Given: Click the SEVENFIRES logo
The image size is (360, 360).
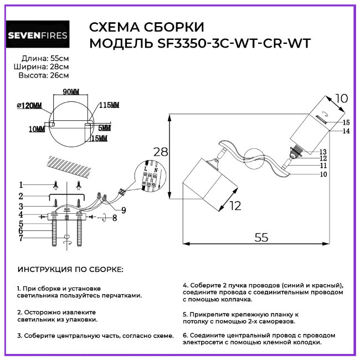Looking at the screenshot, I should click(x=38, y=36).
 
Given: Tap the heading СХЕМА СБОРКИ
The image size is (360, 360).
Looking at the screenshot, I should click(x=146, y=27).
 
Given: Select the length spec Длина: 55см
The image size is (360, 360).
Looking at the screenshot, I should click(x=45, y=58).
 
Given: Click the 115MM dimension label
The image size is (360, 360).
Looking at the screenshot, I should click(x=109, y=105).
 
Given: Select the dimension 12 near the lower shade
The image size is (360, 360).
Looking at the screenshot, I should click(x=235, y=206).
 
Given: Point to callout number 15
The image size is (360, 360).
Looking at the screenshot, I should click(x=346, y=122).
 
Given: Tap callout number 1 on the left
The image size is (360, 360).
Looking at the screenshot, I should click(x=20, y=184).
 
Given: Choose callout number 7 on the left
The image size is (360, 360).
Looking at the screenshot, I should click(x=20, y=238).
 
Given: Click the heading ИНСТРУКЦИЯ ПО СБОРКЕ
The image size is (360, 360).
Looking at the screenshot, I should click(x=71, y=269).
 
